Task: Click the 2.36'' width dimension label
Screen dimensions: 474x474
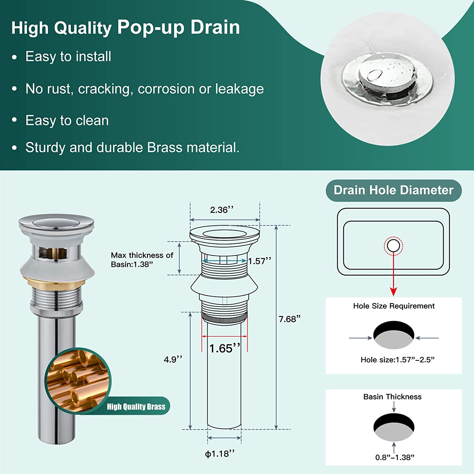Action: pyautogui.click(x=222, y=210)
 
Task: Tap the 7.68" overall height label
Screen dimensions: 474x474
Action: pyautogui.click(x=289, y=319)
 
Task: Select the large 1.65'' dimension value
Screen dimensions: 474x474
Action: pyautogui.click(x=225, y=348)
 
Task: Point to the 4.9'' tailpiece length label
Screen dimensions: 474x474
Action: pyautogui.click(x=173, y=359)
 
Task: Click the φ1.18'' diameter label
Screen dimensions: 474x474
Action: pyautogui.click(x=220, y=454)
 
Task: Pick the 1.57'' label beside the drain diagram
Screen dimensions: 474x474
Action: pyautogui.click(x=259, y=261)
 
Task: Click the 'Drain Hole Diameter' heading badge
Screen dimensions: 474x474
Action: pyautogui.click(x=394, y=190)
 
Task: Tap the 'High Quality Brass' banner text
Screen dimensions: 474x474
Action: pyautogui.click(x=136, y=407)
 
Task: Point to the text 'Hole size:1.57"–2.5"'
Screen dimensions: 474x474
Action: pyautogui.click(x=398, y=360)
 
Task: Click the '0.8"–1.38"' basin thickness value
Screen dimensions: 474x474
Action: pyautogui.click(x=395, y=457)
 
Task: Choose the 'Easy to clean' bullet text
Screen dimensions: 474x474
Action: pyautogui.click(x=67, y=120)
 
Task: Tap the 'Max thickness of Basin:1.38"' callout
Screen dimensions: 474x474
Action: pyautogui.click(x=142, y=260)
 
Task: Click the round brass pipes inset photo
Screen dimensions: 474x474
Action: pyautogui.click(x=78, y=381)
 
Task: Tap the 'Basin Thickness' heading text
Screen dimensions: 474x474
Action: pyautogui.click(x=392, y=397)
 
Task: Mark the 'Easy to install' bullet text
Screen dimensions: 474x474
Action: pyautogui.click(x=68, y=57)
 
